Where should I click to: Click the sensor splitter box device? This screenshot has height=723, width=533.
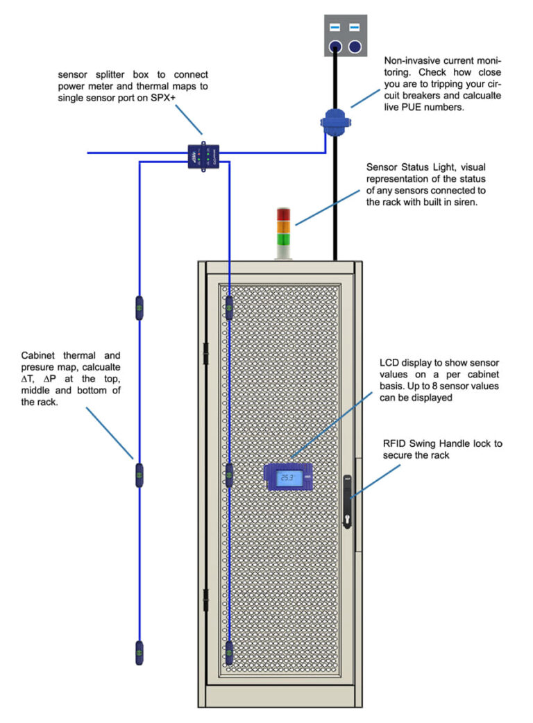(x=203, y=156)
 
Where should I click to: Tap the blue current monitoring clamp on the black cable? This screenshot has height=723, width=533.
(x=336, y=120)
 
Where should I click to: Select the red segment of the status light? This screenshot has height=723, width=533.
(x=283, y=214)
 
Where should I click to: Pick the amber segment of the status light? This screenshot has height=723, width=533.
(x=283, y=227)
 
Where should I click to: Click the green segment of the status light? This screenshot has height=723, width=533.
(x=283, y=240)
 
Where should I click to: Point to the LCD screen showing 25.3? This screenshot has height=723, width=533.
(x=287, y=478)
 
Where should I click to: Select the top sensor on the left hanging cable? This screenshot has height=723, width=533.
(x=139, y=308)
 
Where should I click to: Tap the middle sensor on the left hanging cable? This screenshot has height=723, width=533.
(x=139, y=475)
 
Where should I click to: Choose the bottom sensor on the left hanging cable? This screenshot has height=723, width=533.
(x=139, y=653)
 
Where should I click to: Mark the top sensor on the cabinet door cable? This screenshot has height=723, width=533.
(x=229, y=308)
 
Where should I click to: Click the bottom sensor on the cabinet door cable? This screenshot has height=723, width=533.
(x=229, y=653)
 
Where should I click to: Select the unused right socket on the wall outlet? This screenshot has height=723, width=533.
(x=355, y=47)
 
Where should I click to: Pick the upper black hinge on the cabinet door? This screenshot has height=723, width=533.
(x=205, y=353)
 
